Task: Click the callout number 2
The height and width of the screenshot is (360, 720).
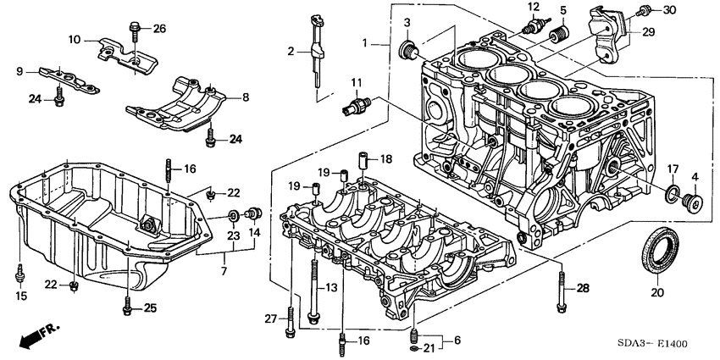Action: [290, 52]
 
